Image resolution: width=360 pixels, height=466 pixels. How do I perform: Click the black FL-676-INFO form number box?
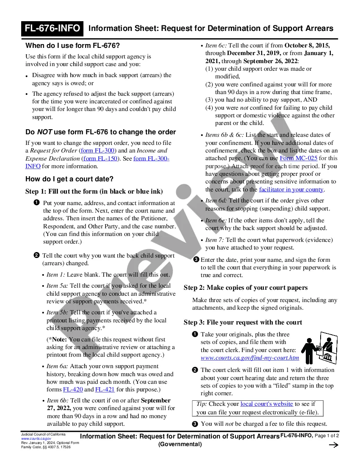(53, 28)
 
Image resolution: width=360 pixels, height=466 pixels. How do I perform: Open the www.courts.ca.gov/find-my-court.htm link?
(250, 358)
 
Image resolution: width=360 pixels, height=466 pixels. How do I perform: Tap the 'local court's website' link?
(266, 404)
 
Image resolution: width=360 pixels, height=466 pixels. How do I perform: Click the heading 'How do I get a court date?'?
(69, 179)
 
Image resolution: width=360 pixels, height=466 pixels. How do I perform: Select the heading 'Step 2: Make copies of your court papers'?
(246, 288)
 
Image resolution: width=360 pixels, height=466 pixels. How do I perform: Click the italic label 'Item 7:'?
(215, 240)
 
